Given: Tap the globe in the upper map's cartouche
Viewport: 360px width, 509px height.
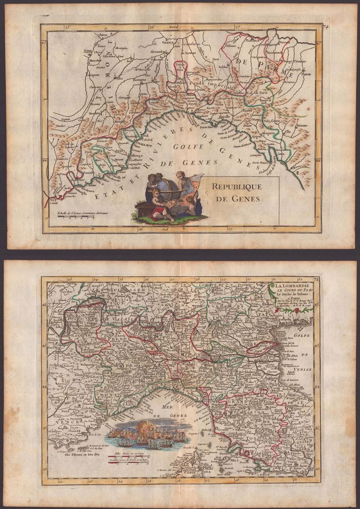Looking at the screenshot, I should click(163, 185).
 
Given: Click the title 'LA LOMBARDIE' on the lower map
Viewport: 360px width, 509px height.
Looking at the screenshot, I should click(293, 286).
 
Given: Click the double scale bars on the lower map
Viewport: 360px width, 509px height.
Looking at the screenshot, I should click(140, 457).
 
